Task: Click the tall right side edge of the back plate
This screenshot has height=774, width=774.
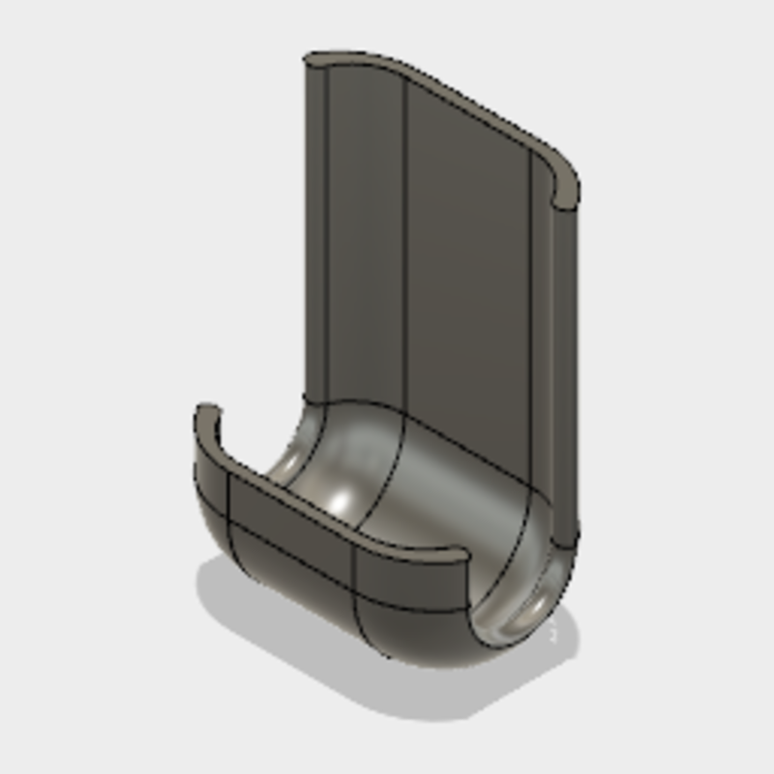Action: pyautogui.click(x=565, y=368)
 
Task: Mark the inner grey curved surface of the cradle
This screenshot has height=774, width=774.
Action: pyautogui.click(x=455, y=503)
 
